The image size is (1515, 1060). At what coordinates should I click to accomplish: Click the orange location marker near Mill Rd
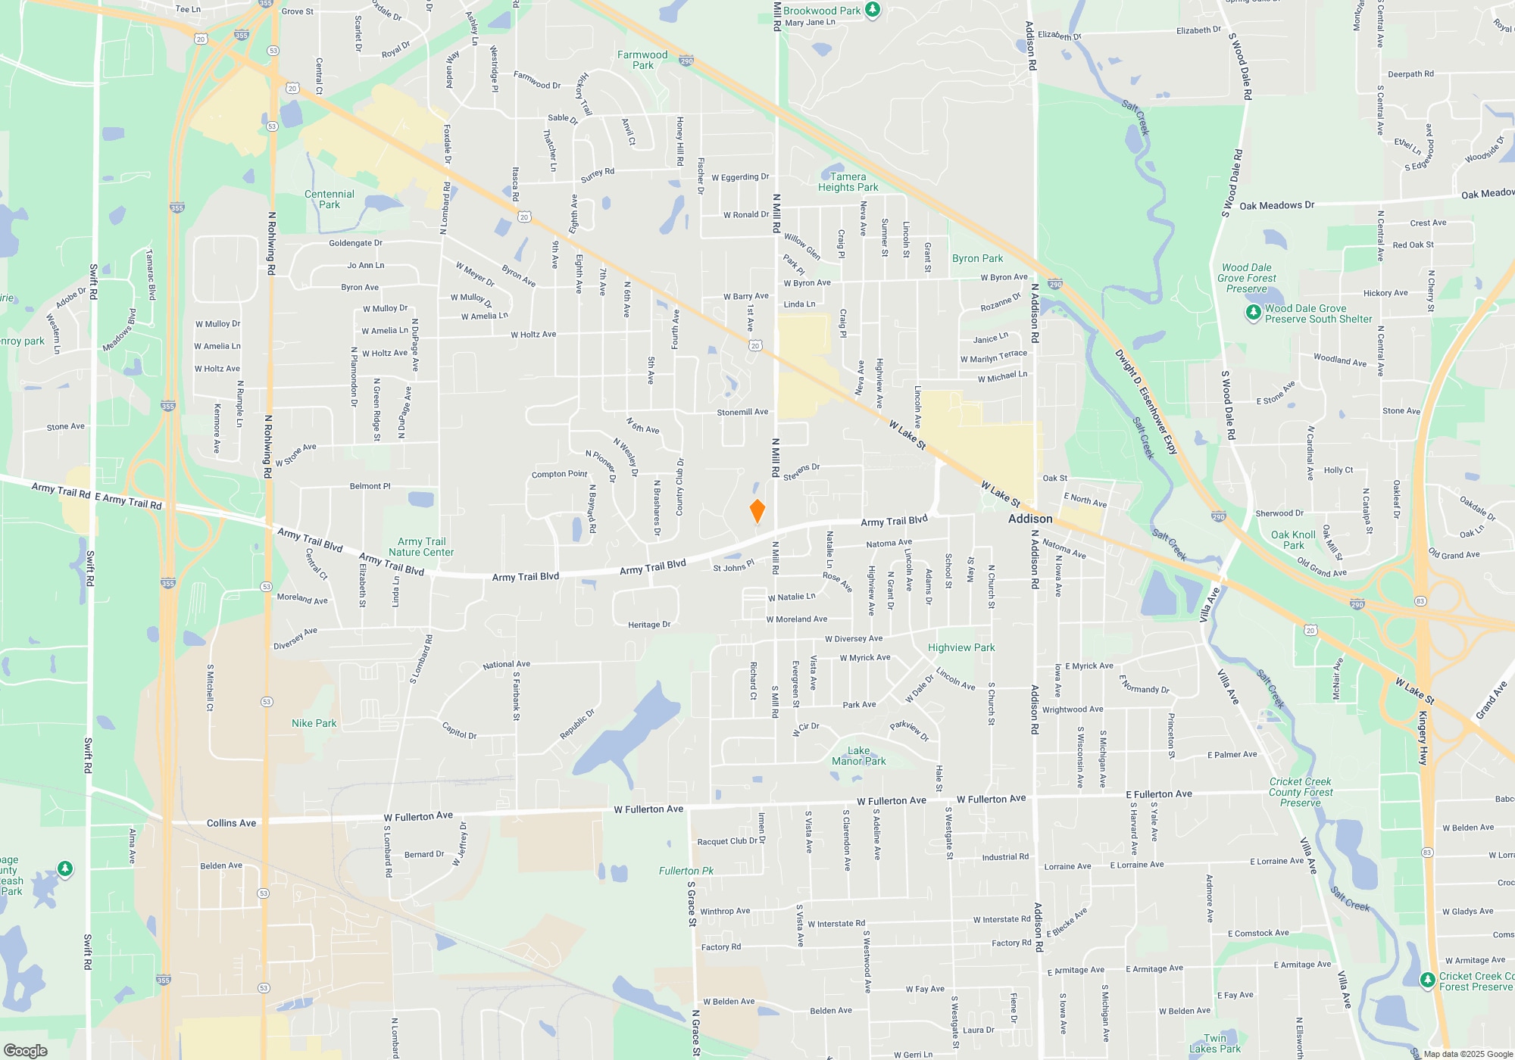757,511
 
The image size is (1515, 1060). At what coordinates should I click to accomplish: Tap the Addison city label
1030,519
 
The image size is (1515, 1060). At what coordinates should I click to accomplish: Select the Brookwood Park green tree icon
873,10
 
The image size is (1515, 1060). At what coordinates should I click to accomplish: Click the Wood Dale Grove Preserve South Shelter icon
1254,312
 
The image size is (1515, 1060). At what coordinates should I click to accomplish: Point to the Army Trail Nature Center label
421,547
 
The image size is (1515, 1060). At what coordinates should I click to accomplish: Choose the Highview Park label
961,647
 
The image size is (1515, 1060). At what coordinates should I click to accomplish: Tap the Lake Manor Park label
858,756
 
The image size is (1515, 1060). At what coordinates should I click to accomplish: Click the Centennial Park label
330,199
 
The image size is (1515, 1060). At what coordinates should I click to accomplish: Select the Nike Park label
314,723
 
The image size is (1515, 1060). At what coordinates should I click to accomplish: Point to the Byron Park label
977,258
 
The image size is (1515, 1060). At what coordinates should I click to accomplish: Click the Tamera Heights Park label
848,182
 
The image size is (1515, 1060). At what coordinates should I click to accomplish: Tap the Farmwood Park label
642,60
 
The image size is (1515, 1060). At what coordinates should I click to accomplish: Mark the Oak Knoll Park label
1293,540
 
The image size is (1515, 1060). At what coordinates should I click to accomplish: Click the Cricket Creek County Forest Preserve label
1300,792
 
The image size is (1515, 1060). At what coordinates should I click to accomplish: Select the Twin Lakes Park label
1215,1043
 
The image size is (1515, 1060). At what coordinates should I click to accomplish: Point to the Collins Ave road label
231,823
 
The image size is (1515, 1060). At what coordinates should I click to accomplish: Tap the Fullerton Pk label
686,871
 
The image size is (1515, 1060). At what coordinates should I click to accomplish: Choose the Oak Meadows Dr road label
1276,205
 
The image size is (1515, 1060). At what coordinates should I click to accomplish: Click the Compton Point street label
559,474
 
